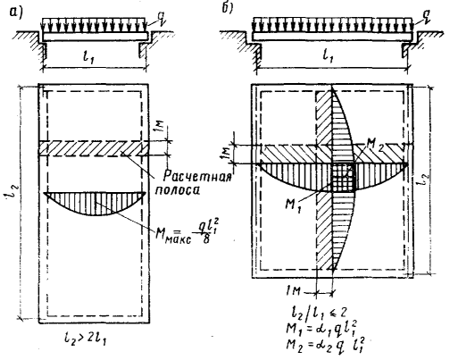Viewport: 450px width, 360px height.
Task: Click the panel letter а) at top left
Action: coord(16,13)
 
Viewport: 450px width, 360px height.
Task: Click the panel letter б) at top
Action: coord(227,8)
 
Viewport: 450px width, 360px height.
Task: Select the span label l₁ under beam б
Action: coord(329,56)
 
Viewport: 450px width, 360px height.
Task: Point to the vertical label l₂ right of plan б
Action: coord(426,179)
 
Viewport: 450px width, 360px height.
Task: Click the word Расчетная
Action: coord(197,176)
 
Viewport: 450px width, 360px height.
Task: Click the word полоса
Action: coord(178,190)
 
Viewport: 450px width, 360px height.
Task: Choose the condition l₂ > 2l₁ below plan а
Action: coord(85,338)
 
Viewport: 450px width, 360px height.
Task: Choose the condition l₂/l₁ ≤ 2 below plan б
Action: coord(317,313)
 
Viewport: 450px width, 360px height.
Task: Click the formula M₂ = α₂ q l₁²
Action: coord(325,345)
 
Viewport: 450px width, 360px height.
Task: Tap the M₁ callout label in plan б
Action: coord(293,206)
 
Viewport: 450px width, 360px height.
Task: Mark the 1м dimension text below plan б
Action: coord(293,291)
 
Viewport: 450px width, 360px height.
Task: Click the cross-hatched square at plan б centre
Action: coord(344,177)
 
